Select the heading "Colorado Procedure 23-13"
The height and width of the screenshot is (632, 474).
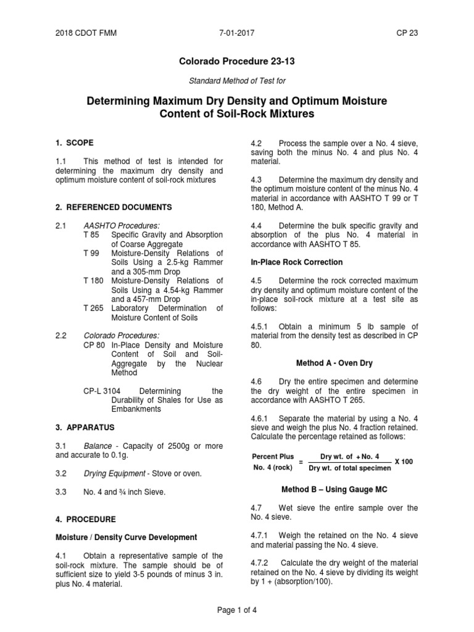tap(236, 62)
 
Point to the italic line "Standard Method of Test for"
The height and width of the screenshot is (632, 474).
tap(236, 81)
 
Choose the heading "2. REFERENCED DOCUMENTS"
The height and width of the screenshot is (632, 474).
tap(114, 207)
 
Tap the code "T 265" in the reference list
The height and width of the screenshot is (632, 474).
tap(94, 308)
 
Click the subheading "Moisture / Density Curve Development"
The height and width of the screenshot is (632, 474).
tap(127, 538)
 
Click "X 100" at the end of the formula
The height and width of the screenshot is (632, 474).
tap(404, 462)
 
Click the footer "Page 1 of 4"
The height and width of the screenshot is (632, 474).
tap(236, 610)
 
